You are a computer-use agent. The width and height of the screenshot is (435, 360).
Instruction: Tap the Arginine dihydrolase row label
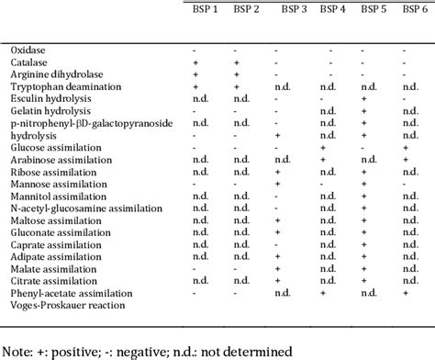54,72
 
